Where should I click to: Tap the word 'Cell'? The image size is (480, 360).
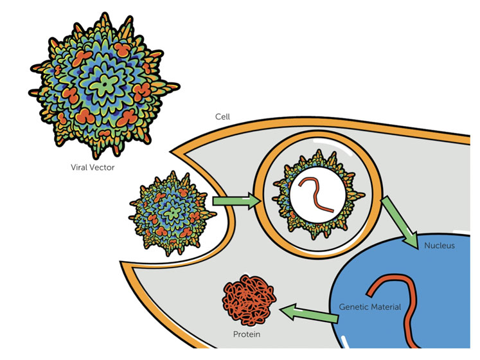click(222, 118)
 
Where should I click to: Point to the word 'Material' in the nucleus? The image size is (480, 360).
click(386, 307)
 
